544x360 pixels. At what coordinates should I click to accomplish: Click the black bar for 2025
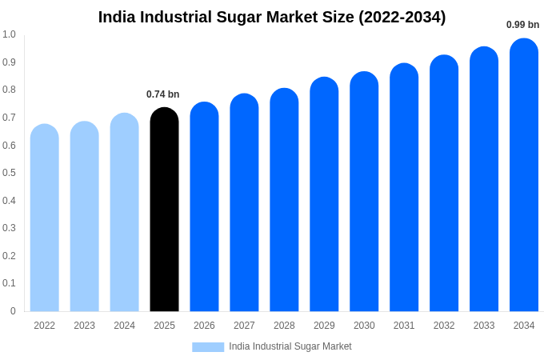164,210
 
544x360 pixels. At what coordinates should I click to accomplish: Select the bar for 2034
524,175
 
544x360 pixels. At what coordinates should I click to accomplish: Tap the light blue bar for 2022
45,218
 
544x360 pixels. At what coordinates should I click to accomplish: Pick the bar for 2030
364,192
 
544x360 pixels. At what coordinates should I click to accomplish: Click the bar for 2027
244,202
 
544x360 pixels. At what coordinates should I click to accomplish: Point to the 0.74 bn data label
162,94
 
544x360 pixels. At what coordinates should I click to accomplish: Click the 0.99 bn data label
522,25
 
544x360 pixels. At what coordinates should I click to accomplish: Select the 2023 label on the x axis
84,326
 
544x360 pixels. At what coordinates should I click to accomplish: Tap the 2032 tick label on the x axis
444,326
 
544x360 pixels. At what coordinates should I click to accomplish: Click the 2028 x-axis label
284,326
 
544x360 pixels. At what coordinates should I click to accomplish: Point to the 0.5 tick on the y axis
9,173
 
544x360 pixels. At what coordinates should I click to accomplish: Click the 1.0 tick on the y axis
9,34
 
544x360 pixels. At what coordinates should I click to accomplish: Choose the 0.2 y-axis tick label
9,256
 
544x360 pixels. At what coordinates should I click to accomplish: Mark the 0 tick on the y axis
13,311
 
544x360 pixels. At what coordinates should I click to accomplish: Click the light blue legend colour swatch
208,347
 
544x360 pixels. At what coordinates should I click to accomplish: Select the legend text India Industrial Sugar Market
290,346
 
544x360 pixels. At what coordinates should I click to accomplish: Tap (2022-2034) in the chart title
402,17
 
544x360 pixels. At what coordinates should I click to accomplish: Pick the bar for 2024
124,212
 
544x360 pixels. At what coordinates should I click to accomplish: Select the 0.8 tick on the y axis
9,90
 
